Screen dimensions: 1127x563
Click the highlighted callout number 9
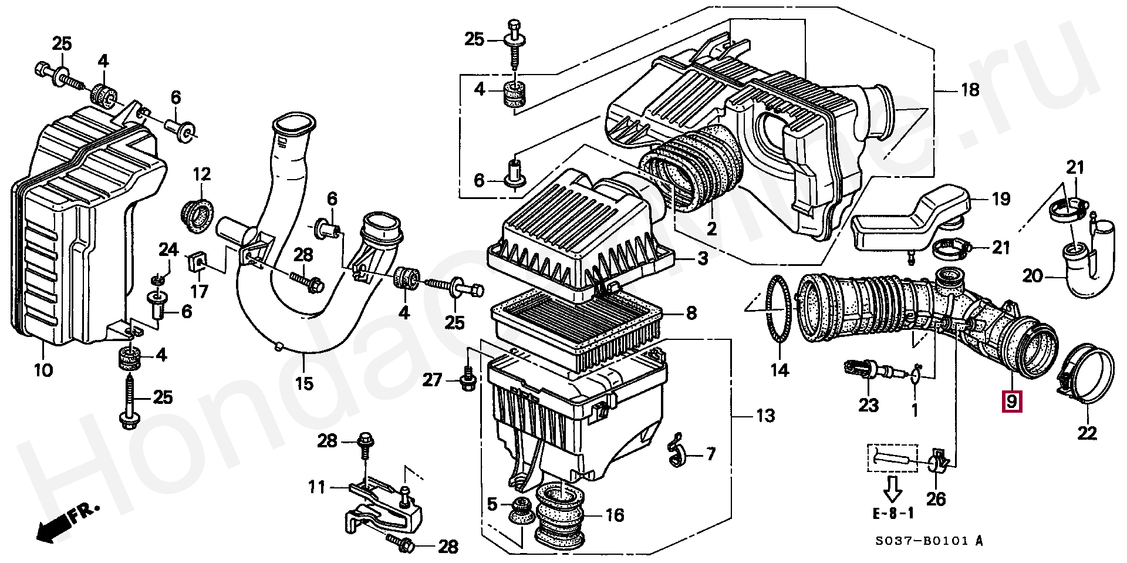1011,402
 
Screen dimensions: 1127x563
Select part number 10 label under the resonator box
43,370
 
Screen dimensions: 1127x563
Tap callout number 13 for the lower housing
765,416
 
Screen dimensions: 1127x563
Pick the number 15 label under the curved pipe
304,384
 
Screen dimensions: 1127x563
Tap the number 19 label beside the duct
1000,200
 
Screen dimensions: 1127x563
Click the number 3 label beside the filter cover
702,258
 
